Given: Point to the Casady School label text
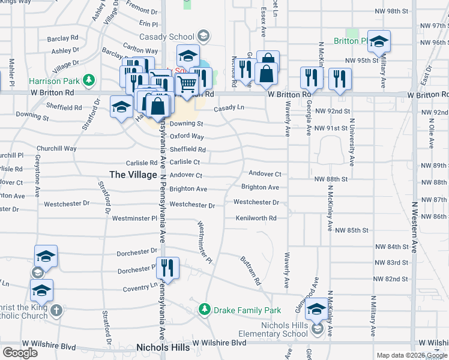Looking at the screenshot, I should [169, 37].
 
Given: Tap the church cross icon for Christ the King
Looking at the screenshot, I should [56, 310].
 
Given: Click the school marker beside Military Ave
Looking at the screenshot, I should [379, 41].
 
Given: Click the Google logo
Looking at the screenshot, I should [20, 352].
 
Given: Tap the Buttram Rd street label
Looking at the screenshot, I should [252, 271].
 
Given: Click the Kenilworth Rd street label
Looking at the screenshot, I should [256, 218].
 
